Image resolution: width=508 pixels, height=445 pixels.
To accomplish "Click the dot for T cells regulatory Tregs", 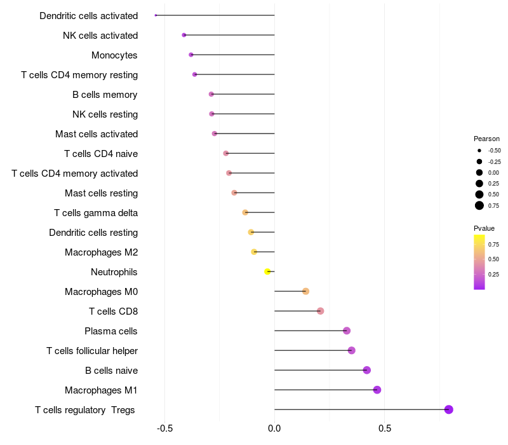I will coord(449,409).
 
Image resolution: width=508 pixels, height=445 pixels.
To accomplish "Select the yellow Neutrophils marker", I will coord(268,271).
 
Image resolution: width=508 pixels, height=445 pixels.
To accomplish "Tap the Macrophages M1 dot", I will coord(377,390).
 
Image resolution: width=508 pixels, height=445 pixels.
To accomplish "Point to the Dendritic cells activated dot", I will coord(156,15).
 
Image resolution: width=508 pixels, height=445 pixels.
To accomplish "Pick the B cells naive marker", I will coord(366,370).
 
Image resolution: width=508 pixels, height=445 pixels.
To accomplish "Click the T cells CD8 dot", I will coord(321,311).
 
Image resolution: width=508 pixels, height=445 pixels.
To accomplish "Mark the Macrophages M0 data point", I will coord(305,291).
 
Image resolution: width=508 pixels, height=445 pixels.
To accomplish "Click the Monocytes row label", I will coord(114,55).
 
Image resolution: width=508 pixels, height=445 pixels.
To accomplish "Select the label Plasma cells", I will coord(110,331).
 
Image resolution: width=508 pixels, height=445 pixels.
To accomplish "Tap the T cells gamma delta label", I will coord(95,213).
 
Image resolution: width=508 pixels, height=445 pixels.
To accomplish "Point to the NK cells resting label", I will coord(105,114).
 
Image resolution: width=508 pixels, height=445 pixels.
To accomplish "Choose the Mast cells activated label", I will coord(97,134).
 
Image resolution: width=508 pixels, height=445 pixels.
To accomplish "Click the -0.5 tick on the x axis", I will coord(164,429).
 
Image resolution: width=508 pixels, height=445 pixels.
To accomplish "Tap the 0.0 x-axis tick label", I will coord(274,429).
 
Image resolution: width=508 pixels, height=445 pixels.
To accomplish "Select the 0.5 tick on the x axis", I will coord(384,429).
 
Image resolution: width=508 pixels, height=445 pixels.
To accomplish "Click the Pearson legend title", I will coord(486,139).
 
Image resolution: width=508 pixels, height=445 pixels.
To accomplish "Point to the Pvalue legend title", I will coord(484,228).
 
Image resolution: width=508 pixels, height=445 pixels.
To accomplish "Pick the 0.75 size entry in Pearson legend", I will coord(479,205).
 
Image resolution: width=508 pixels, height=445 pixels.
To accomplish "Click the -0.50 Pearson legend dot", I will coord(479,151).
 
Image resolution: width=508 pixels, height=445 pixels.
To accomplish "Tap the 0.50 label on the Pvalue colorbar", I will coord(493,259).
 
